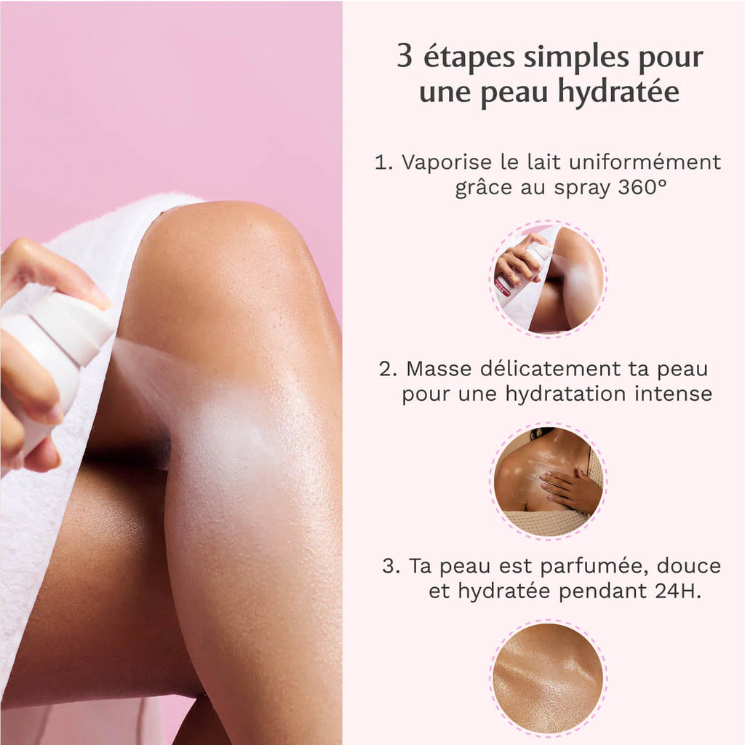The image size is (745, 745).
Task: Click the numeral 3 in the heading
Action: point(404,57)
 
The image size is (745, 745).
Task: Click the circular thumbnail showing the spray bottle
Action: point(548,279)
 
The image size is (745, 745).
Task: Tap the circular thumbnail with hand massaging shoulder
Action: point(548,481)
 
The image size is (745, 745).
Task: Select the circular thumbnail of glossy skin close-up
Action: point(548,678)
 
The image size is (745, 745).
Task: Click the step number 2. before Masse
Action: point(389,368)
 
